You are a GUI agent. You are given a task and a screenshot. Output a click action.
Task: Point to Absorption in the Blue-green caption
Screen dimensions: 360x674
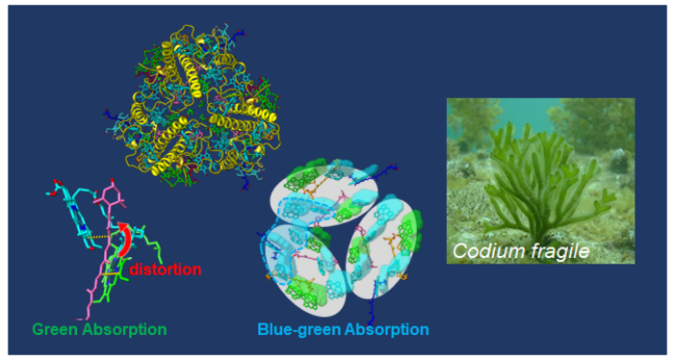pos(385,329)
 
